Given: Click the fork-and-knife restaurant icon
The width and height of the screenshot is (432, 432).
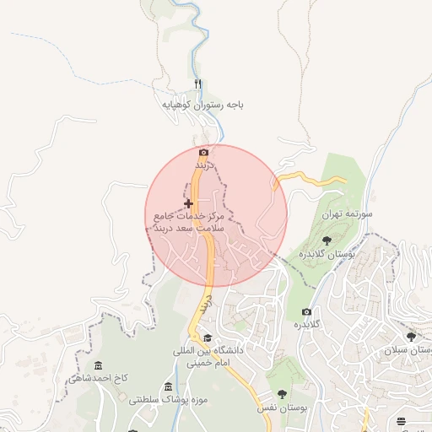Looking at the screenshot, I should click(198, 84).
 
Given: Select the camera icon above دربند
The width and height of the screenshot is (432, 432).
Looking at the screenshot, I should click(202, 153).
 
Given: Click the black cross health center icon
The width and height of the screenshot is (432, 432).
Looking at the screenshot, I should click(188, 203).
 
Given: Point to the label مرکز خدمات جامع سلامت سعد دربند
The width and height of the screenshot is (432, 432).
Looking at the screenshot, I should click(187, 223).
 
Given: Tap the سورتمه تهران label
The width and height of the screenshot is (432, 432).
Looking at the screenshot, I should click(346, 215).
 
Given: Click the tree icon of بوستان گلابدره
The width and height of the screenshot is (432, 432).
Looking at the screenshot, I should click(327, 240).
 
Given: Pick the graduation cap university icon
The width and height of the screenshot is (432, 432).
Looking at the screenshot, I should click(208, 337).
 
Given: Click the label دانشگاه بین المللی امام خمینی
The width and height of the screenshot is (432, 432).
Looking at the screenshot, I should click(208, 357).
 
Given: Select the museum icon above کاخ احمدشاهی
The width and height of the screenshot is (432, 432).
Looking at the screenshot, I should click(99, 365).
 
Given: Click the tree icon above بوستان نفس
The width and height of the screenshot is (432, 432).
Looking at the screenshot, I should click(281, 393).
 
